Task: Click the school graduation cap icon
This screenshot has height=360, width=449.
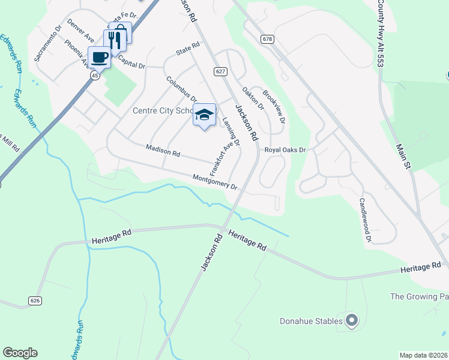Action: (204, 114)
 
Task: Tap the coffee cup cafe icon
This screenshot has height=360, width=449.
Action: (99, 58)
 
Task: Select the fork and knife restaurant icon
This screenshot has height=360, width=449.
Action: (114, 40)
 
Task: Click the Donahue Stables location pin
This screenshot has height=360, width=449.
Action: (352, 320)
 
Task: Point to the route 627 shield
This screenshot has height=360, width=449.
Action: (220, 71)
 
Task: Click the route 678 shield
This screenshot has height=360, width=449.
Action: (268, 39)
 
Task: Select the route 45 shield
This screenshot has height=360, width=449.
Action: (95, 76)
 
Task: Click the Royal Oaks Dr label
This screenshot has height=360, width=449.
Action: (286, 149)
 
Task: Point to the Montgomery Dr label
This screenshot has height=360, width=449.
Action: (215, 181)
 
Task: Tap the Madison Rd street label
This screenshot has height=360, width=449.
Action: (163, 150)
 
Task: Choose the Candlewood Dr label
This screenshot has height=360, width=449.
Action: (364, 220)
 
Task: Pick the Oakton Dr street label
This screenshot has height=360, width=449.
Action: (253, 98)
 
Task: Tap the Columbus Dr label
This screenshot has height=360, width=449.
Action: (181, 89)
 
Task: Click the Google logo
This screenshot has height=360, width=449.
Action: (20, 353)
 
